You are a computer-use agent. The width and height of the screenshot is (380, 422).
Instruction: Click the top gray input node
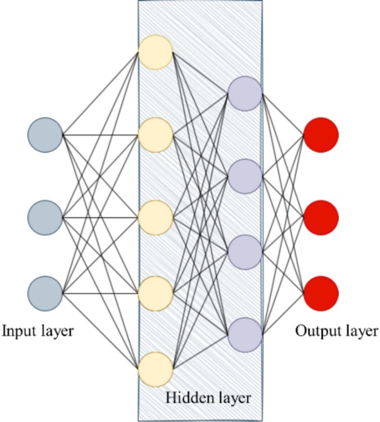click(45, 135)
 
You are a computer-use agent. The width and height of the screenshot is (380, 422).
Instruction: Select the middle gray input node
click(45, 217)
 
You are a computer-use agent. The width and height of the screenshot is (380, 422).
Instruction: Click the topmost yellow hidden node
click(156, 52)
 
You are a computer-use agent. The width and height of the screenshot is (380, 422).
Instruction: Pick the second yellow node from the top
click(156, 135)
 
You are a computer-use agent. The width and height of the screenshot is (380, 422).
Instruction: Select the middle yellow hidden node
click(156, 217)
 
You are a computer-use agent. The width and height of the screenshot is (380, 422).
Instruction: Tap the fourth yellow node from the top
click(156, 293)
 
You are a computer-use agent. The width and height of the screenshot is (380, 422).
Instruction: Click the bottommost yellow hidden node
click(156, 369)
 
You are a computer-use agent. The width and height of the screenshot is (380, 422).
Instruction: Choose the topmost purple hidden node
click(245, 93)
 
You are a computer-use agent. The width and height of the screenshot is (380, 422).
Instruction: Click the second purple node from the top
click(245, 176)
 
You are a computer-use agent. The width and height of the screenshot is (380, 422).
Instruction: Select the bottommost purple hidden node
click(245, 334)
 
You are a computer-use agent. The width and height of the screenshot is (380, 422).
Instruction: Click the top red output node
click(321, 135)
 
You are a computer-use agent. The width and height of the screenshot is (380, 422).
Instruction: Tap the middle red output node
click(321, 217)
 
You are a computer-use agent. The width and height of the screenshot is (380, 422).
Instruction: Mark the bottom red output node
click(321, 293)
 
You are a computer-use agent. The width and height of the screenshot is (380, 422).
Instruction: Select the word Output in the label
click(315, 332)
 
